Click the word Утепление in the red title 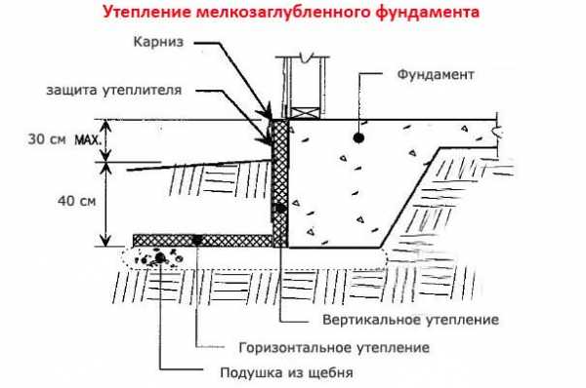147,12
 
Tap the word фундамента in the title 428,12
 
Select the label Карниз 158,42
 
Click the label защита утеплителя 114,90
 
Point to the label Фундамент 436,74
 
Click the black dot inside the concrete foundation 358,138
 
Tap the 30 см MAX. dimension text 64,139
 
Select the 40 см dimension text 76,201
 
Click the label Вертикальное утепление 411,320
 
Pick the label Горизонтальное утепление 334,348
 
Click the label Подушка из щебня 286,372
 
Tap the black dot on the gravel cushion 160,257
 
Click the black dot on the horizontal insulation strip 196,240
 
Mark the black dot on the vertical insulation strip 280,209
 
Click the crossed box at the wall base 306,113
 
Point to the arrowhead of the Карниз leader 268,112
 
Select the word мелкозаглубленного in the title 283,12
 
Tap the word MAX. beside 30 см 88,140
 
